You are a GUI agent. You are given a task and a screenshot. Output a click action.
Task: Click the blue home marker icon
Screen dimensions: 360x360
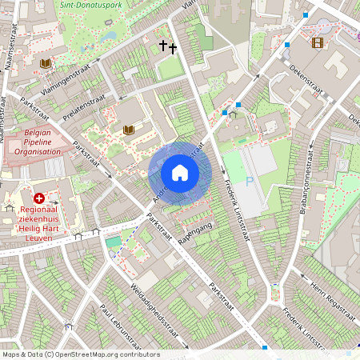point(180,173)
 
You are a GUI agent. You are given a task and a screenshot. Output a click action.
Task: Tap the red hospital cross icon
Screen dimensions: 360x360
point(39,198)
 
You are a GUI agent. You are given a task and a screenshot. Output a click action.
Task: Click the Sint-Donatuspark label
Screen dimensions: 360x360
point(92,4)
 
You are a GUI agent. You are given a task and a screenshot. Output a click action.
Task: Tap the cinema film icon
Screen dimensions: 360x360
point(318,42)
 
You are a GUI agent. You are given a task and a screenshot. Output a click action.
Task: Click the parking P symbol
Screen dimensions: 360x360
point(249,182)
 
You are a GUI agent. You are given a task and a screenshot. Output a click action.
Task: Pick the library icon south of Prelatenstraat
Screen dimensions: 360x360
point(128,129)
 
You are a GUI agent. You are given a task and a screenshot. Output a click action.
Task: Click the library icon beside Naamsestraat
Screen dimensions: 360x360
point(45,63)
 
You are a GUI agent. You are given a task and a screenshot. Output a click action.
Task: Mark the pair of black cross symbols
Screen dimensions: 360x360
point(168,47)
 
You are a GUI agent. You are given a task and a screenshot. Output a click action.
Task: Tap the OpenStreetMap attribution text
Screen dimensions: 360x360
point(80,354)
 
